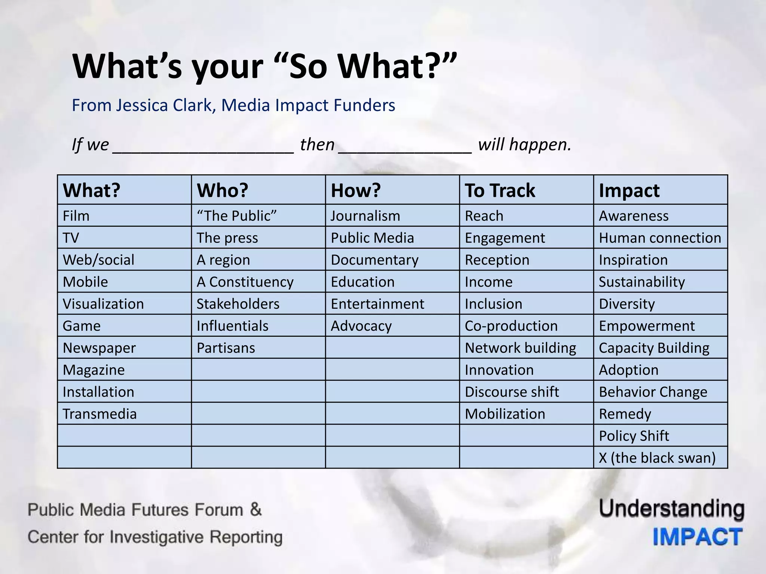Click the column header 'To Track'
[x=500, y=190]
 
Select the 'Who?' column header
[x=223, y=190]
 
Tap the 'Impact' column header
[x=629, y=190]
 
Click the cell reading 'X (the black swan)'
[x=657, y=458]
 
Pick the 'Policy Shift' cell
[x=634, y=436]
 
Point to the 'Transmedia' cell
[x=99, y=414]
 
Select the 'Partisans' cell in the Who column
[x=226, y=348]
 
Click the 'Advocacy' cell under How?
[x=361, y=326]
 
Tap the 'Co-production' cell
[x=511, y=326]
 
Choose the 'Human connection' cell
[x=660, y=238]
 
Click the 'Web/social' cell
[x=98, y=260]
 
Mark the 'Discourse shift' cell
[x=512, y=392]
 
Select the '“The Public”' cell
[x=237, y=216]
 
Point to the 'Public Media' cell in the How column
[x=372, y=238]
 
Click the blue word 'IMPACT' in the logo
[x=698, y=537]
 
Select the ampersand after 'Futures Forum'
[x=255, y=509]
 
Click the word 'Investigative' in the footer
[x=157, y=537]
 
